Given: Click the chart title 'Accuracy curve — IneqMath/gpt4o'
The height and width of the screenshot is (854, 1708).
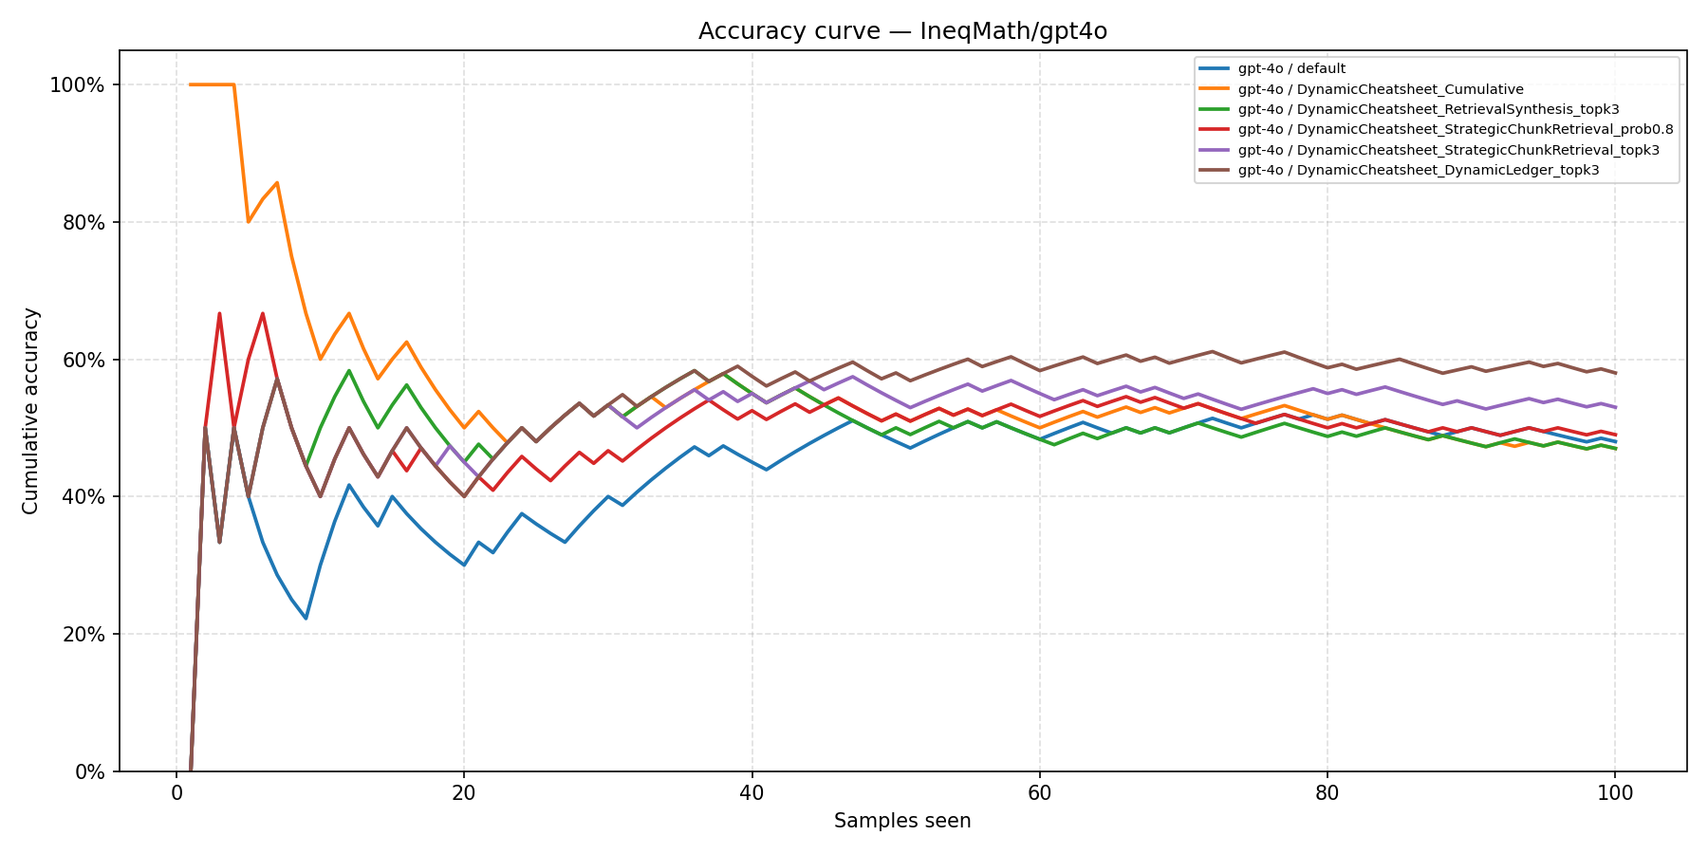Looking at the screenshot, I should pos(902,31).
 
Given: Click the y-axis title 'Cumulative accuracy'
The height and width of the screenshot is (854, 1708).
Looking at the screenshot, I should pos(30,411).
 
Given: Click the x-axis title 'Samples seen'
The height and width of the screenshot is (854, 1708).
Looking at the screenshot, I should pos(902,821).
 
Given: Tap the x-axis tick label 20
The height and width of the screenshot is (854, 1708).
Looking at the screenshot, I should pos(464,793).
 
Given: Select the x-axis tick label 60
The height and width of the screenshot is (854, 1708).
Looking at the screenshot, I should pos(1039,793).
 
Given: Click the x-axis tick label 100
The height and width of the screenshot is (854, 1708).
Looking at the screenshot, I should pos(1614,793).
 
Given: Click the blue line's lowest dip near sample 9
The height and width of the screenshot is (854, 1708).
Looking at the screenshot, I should pos(306,619).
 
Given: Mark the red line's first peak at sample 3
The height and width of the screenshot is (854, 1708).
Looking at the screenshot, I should pos(219,314).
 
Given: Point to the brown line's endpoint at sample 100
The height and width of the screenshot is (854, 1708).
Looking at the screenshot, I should pos(1614,373).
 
